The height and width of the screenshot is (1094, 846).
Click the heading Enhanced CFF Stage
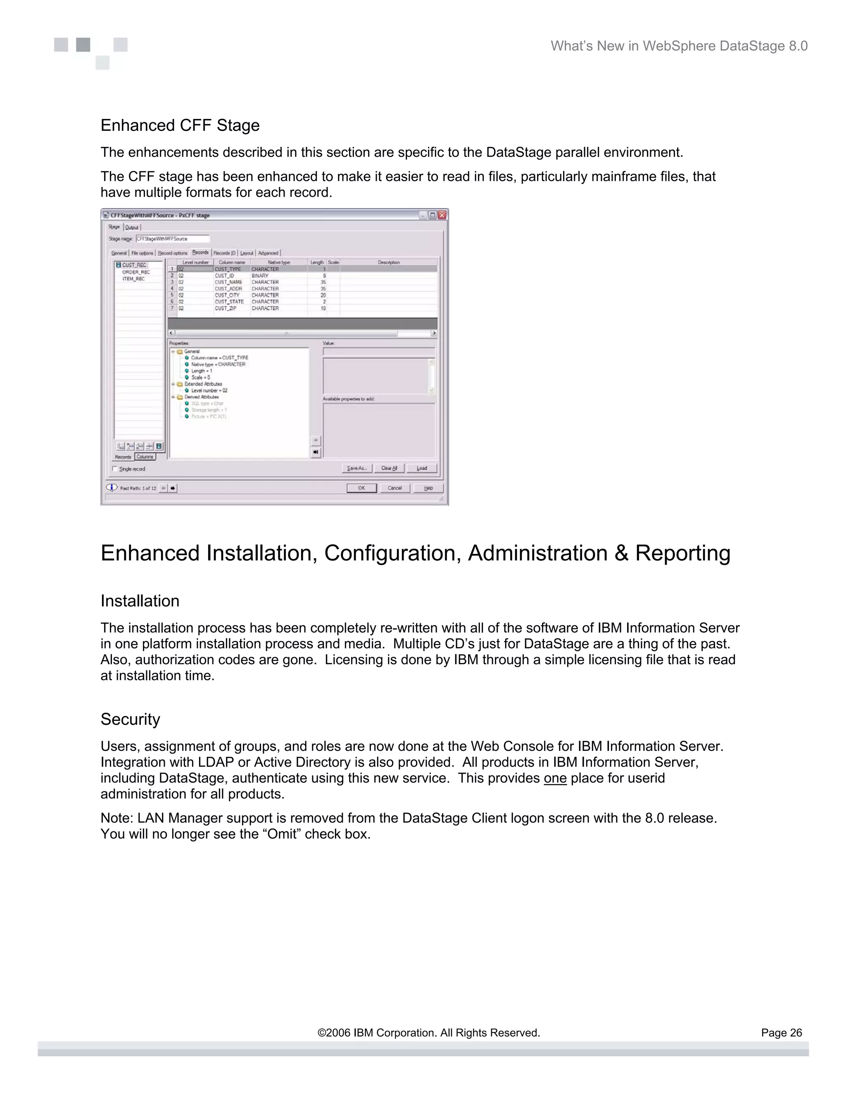tap(180, 125)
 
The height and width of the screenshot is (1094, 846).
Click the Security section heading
tap(130, 719)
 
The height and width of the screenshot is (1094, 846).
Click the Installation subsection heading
tap(140, 601)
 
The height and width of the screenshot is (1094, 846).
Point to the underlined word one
tap(555, 779)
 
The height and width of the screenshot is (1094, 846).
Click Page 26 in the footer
tap(781, 1033)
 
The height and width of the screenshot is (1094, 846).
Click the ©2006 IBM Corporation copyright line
tap(428, 1033)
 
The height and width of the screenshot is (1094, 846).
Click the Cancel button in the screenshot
tap(394, 488)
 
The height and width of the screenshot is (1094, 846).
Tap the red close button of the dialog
tap(442, 215)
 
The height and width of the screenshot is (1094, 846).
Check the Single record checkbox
tap(115, 469)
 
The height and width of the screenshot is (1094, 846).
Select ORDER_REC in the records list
tap(136, 272)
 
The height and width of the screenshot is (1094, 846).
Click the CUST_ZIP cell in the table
tap(226, 308)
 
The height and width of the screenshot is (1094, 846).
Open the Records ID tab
tap(224, 253)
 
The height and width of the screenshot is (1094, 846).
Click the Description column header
tap(388, 263)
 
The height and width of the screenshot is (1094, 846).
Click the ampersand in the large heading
tap(621, 554)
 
